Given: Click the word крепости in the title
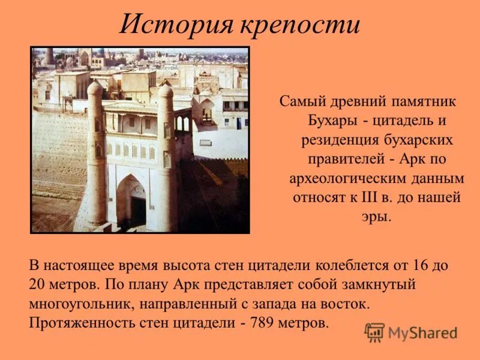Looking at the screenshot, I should tap(301, 25).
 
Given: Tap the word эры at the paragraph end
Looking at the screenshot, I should tap(376, 217).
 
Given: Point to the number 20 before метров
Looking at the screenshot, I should tap(37, 284).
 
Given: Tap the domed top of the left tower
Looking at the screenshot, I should tap(95, 88).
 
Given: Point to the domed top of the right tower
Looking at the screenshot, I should tap(166, 91).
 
